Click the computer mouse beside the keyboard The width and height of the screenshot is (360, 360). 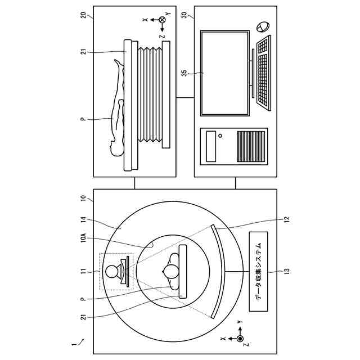[x=262, y=27]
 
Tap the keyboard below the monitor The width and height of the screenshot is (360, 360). [x=263, y=70]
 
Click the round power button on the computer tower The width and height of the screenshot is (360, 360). [x=221, y=136]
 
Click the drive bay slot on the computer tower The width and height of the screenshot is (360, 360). [x=211, y=146]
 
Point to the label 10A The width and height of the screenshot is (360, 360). [x=83, y=238]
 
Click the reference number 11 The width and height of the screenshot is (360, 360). [x=83, y=272]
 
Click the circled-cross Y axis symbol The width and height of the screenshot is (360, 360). [x=162, y=20]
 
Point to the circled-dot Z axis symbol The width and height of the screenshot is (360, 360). [x=240, y=339]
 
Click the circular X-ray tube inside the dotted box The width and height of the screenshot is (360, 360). [x=112, y=271]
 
